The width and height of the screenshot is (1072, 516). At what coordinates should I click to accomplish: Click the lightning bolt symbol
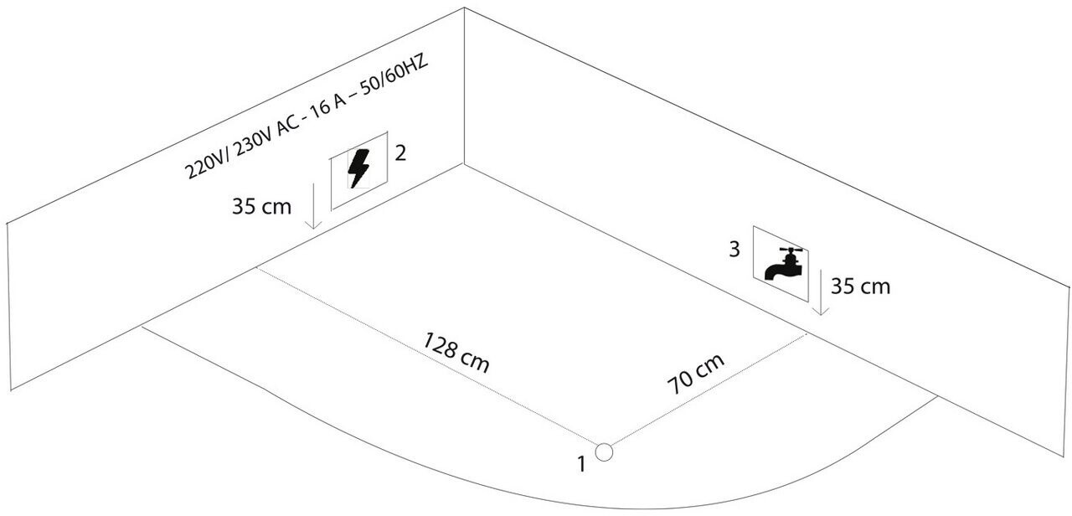[358, 170]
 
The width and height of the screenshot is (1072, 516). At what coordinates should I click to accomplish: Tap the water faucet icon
[781, 262]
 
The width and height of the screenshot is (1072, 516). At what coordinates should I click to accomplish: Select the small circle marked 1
[604, 451]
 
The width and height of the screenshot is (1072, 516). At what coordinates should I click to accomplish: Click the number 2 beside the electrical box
[401, 153]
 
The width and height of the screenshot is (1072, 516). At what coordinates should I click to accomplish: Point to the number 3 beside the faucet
[734, 250]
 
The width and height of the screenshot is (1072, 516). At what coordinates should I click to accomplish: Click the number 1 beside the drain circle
[581, 463]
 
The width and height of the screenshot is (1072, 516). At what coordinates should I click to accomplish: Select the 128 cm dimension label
[456, 353]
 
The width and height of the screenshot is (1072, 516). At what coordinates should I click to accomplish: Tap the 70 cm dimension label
[696, 374]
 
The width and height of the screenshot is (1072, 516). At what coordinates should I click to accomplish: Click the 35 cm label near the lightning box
[262, 206]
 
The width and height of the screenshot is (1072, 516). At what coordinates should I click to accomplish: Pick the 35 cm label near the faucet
[860, 286]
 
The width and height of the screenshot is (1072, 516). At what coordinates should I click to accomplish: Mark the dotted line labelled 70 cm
[709, 388]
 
